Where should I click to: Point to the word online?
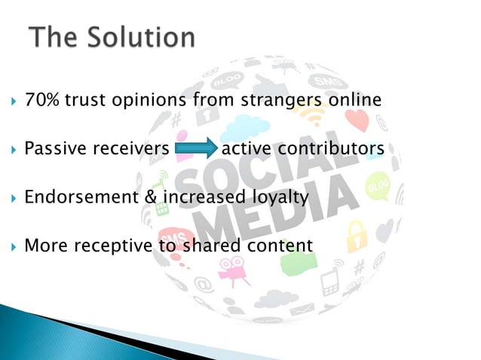pos(354,100)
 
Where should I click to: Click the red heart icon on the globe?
pos(357,121)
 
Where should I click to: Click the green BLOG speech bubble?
pos(376,185)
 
